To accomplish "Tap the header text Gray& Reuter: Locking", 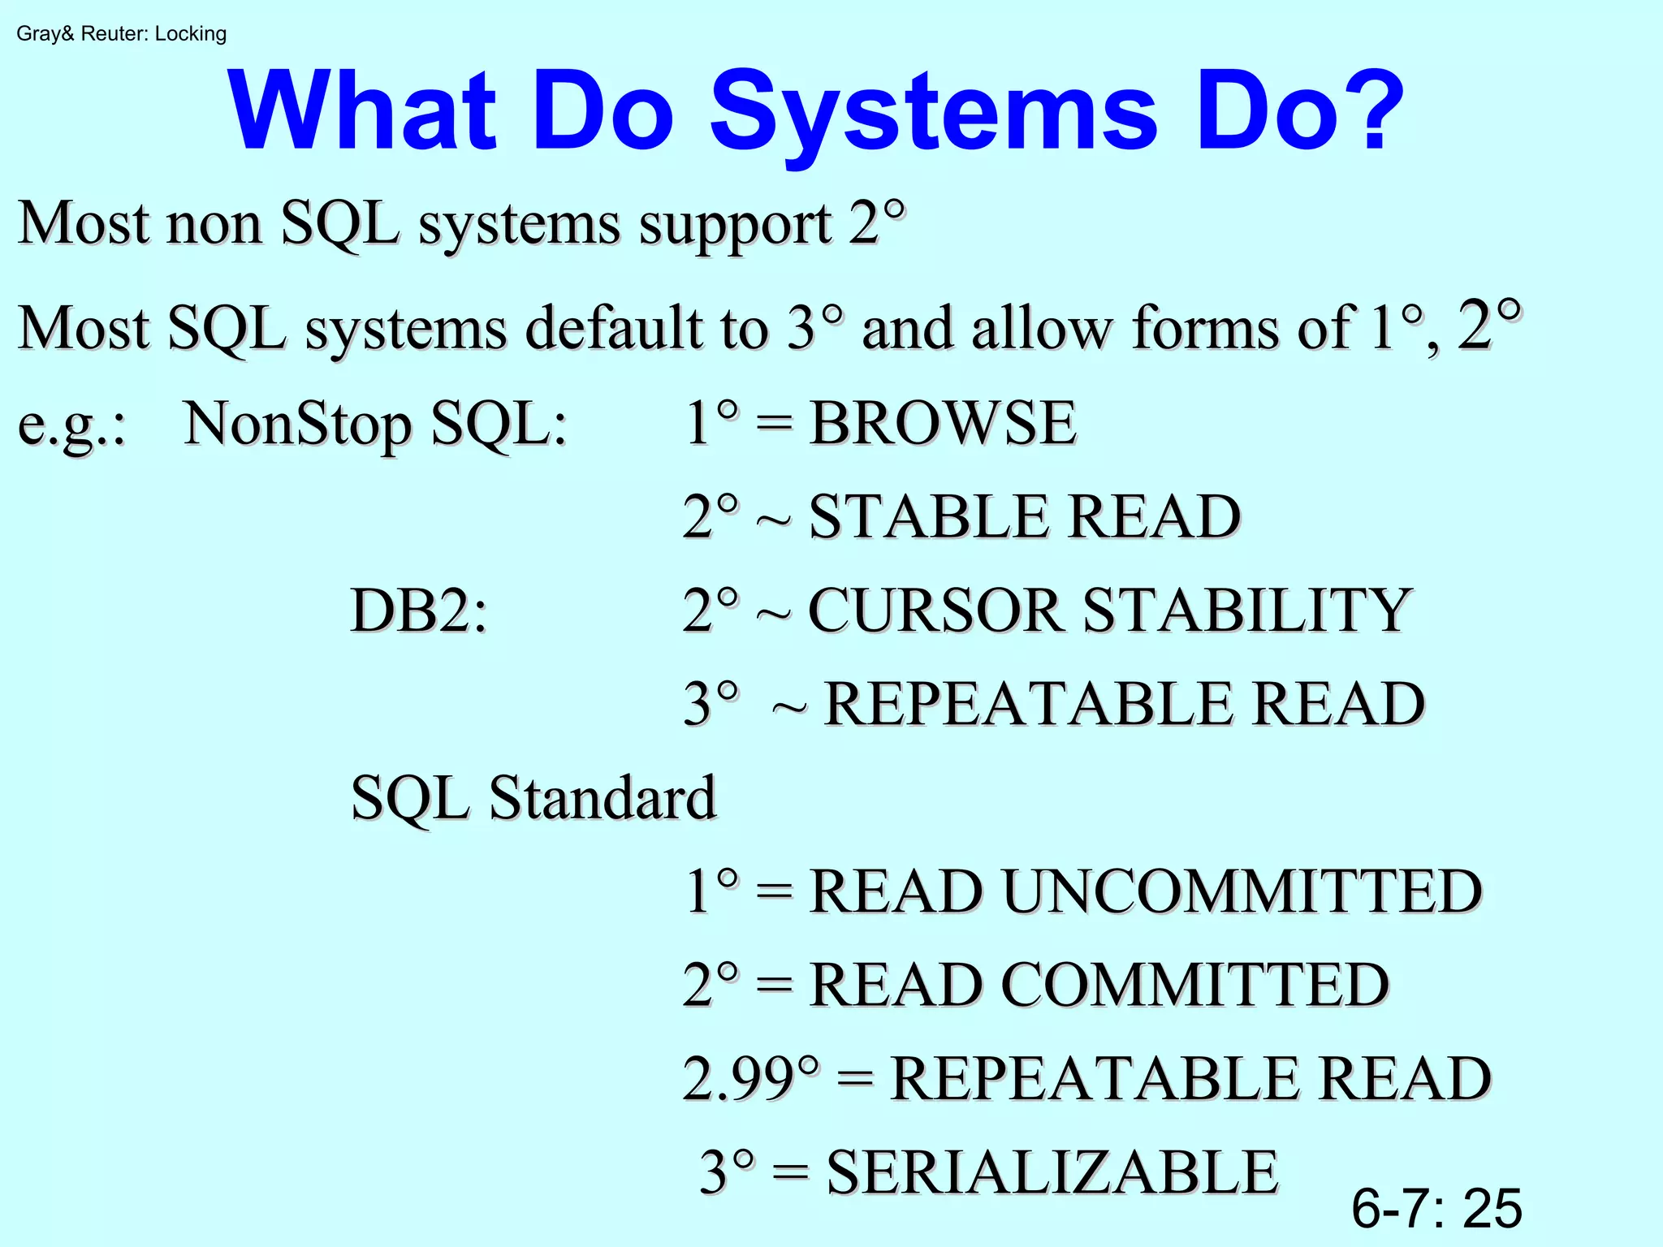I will (121, 34).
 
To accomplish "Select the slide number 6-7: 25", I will (1436, 1208).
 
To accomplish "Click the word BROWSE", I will (943, 423).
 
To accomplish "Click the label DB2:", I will (419, 610).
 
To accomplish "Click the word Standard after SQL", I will (603, 797).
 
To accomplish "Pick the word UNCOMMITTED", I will (1242, 891).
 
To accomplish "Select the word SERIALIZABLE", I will (1052, 1172).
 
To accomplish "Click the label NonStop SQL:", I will (375, 425).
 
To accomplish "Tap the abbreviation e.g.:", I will (71, 425).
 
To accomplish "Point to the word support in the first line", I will (735, 223).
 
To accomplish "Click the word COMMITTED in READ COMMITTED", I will (1194, 985).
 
